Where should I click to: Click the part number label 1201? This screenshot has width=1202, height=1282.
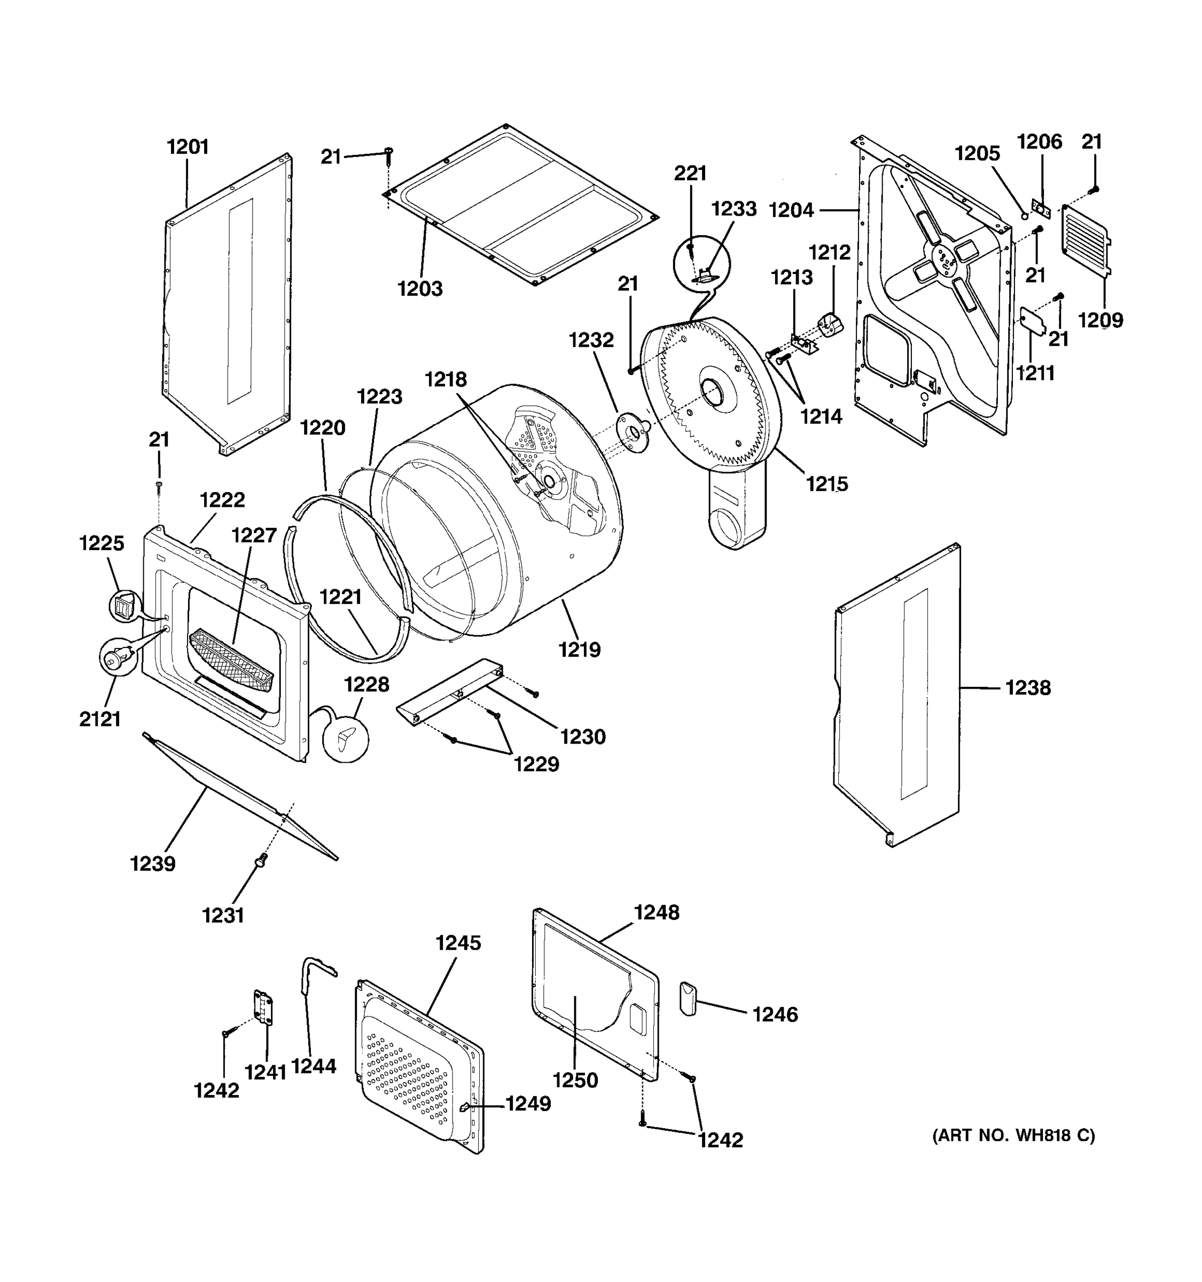pos(188,147)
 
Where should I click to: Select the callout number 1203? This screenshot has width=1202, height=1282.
pos(420,288)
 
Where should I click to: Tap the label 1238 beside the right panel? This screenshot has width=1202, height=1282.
pos(1028,688)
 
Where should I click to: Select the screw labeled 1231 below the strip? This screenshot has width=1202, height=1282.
pos(262,859)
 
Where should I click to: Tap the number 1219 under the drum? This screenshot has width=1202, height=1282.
pos(579,650)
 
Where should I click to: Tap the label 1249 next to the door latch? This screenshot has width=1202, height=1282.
pos(527,1104)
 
